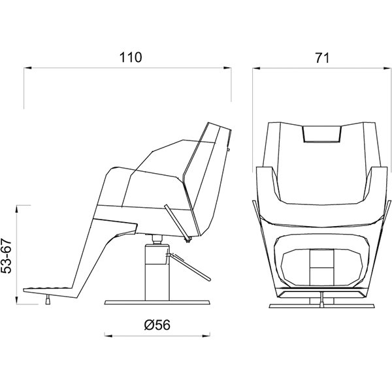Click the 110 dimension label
point(131,57)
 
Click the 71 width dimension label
point(322,57)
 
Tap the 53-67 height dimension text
point(7,255)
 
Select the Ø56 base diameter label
point(157,325)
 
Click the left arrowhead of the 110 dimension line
point(27,68)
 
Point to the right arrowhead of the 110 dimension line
point(227,68)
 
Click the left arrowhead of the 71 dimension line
point(256,68)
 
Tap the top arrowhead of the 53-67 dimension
point(17,209)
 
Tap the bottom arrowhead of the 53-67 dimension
point(17,300)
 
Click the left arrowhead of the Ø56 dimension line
point(108,336)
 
